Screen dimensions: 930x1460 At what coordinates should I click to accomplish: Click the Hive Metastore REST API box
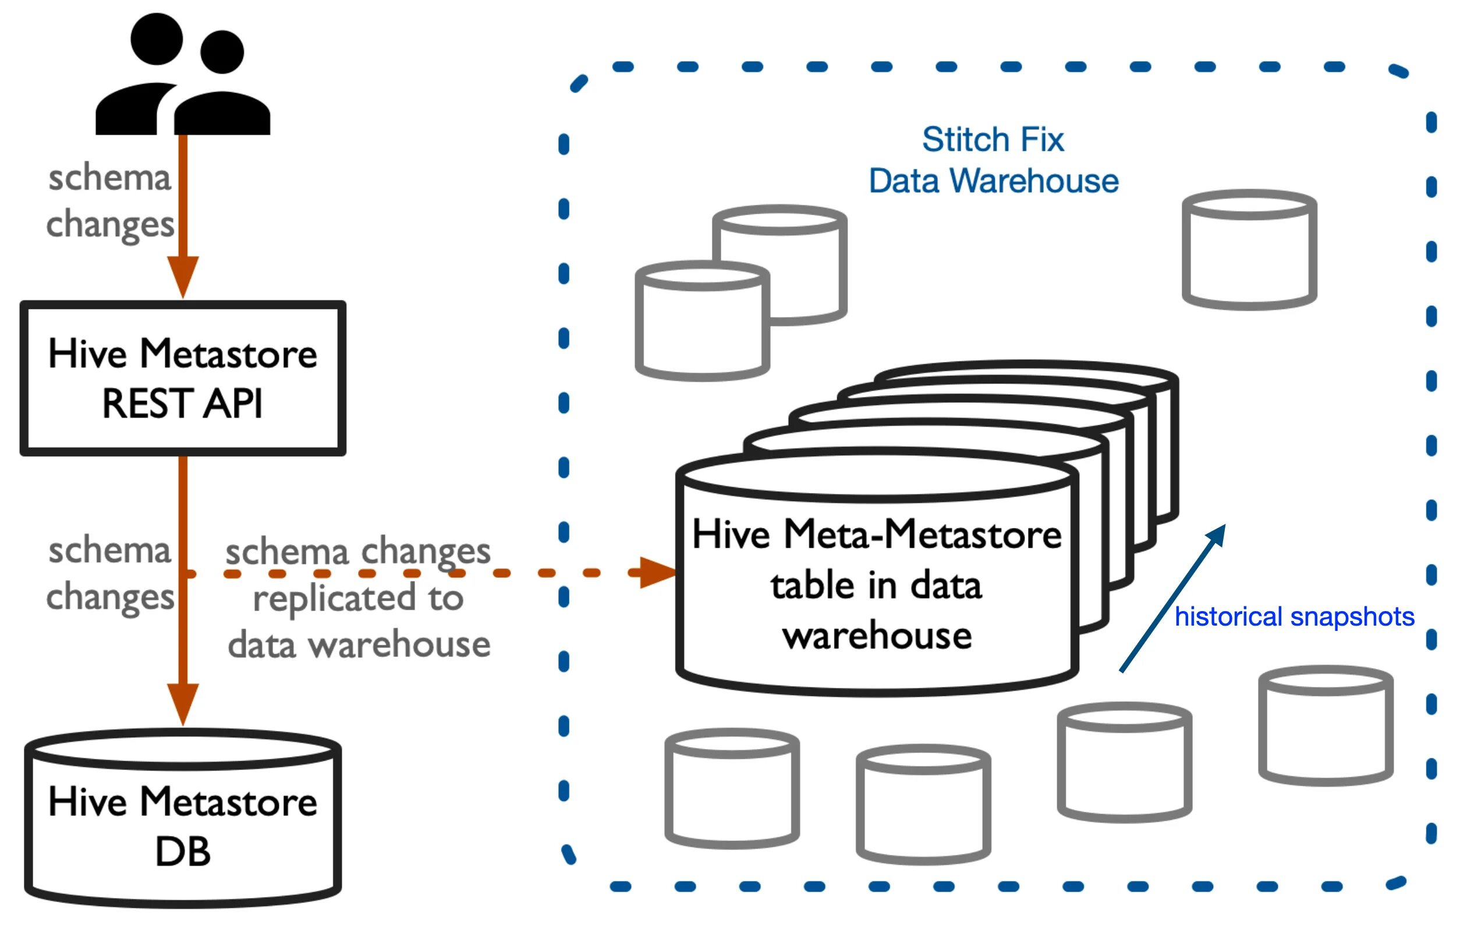point(183,378)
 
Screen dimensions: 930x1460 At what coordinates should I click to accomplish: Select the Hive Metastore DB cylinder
point(183,818)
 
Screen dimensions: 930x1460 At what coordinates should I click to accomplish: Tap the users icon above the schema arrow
point(183,76)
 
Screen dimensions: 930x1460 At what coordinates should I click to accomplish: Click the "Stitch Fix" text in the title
point(993,140)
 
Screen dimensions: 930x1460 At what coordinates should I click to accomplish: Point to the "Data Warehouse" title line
point(993,180)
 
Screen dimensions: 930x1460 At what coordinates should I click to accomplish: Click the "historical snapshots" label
point(1294,616)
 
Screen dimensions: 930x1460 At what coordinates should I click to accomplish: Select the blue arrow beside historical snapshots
point(1171,599)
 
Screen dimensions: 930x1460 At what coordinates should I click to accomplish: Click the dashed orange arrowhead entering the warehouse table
point(656,572)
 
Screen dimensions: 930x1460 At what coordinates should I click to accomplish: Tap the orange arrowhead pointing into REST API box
point(183,276)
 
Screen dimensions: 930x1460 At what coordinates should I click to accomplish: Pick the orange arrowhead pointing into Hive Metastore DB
point(183,703)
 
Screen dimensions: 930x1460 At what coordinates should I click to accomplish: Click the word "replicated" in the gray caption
point(334,598)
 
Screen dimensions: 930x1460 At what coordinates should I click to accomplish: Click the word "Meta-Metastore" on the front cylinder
point(922,535)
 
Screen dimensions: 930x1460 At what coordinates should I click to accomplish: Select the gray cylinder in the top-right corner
point(1249,250)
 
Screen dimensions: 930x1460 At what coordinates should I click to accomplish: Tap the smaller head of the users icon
point(222,52)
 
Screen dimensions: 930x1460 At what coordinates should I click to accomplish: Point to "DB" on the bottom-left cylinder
point(183,852)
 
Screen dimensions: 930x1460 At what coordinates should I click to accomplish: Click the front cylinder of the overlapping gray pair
point(702,321)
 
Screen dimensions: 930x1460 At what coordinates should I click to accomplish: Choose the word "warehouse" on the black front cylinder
point(877,636)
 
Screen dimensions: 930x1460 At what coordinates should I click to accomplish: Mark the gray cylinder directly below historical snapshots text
point(1326,726)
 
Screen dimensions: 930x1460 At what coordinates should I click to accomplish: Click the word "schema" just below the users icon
point(110,178)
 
